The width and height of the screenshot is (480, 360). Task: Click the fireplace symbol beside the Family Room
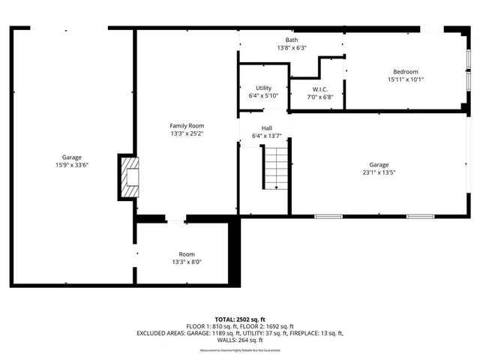[x=128, y=178]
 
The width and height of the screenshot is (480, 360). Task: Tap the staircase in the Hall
[x=276, y=168]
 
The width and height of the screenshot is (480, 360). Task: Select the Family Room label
[x=187, y=126]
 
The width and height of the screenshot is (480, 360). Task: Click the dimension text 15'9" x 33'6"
[x=72, y=165]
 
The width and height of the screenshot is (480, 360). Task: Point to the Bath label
[x=291, y=40]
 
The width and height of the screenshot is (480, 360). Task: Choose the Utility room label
[x=263, y=88]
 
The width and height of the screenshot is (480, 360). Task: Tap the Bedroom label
[x=406, y=71]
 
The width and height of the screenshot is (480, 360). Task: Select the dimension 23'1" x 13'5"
[x=379, y=172]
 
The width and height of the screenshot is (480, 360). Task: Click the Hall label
[x=267, y=127]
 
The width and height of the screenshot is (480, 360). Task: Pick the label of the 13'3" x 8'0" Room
[x=187, y=254]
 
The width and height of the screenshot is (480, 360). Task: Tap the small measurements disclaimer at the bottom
[x=239, y=350]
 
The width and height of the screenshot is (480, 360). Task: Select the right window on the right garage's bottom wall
[x=420, y=217]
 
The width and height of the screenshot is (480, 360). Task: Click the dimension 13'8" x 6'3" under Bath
[x=291, y=48]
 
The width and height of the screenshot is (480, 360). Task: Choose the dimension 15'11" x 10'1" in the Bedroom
[x=406, y=79]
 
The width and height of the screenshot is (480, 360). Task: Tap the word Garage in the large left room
[x=72, y=157]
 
